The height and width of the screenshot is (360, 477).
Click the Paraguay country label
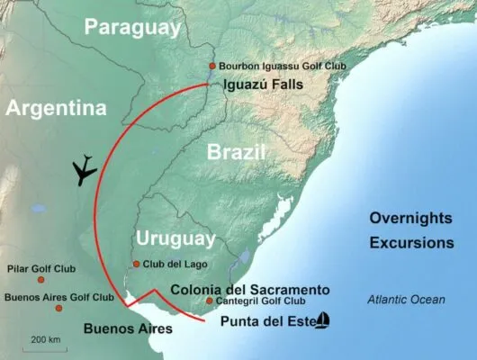click(132, 27)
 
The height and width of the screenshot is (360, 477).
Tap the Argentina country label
click(56, 108)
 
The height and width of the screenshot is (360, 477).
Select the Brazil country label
click(236, 152)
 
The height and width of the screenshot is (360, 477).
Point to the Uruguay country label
click(175, 238)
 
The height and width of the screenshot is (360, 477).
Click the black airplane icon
click(85, 169)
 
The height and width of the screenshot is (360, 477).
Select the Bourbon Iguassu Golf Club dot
click(212, 66)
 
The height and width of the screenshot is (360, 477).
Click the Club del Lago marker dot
click(136, 264)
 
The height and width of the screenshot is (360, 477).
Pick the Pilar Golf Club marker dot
click(40, 280)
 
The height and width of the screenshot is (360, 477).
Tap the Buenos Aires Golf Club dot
click(58, 309)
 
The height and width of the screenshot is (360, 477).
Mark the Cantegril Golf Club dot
click(209, 301)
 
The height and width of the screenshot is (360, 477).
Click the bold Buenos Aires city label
click(127, 328)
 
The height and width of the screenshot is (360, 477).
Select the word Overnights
click(410, 218)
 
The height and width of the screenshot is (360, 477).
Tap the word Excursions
click(410, 243)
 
